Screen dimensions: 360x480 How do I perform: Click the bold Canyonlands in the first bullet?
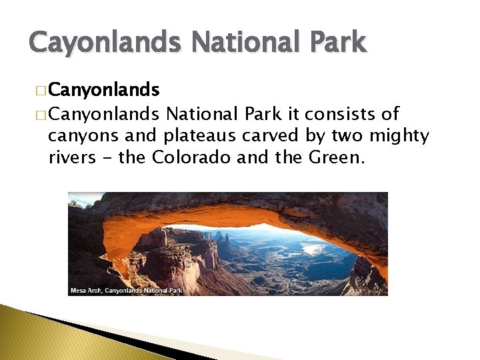104,90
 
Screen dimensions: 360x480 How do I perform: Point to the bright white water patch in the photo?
313,247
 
